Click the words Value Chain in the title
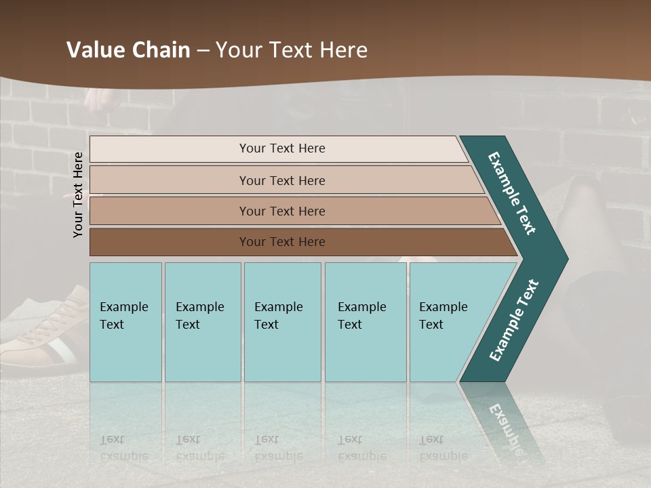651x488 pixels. (x=128, y=50)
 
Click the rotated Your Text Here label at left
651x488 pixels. (x=78, y=195)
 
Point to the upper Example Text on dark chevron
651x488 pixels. (x=512, y=193)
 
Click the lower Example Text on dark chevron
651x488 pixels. (x=514, y=321)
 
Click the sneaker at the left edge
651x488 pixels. (x=41, y=332)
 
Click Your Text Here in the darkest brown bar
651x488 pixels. (x=282, y=242)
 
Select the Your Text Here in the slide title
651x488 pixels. (x=292, y=50)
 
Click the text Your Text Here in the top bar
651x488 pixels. (x=282, y=148)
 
